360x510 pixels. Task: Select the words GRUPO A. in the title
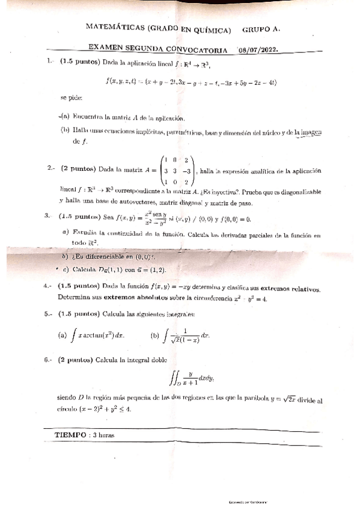click(x=261, y=28)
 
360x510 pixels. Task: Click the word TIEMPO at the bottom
click(x=70, y=434)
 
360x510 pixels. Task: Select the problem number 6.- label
click(x=49, y=360)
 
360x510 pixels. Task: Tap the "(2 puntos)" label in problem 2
click(x=79, y=170)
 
